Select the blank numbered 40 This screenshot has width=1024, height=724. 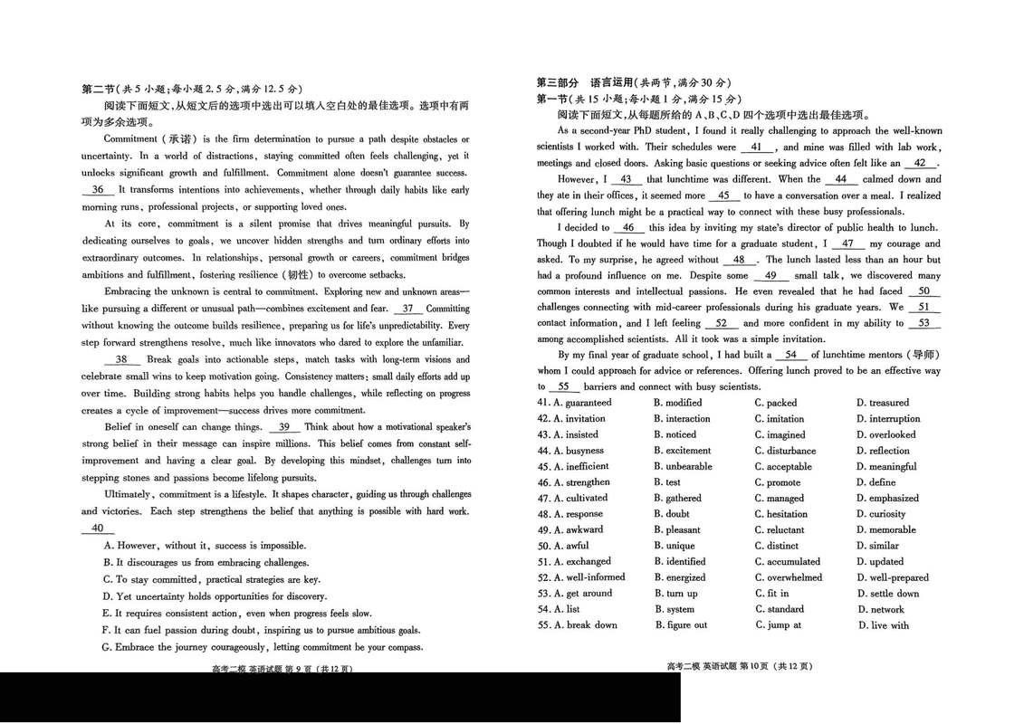[97, 529]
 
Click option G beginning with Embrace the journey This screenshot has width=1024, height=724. [263, 647]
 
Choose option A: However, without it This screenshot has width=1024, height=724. [205, 546]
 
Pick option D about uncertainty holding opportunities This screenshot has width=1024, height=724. [215, 596]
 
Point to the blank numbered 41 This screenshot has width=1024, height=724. [757, 148]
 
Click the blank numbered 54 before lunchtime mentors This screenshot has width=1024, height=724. [790, 355]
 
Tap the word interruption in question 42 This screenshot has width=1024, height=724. [895, 419]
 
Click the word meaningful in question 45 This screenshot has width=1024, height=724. [893, 467]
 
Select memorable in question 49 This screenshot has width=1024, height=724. [892, 530]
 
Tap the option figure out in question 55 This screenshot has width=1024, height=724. [686, 625]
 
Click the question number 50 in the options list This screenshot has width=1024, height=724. [543, 546]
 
